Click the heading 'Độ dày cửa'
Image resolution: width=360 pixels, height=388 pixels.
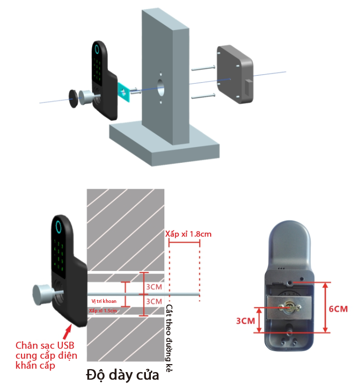[122, 375]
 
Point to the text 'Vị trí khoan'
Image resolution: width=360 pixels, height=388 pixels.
[105, 301]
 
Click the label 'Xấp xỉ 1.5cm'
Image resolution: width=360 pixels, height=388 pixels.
[103, 311]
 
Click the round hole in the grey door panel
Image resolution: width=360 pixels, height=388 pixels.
[161, 87]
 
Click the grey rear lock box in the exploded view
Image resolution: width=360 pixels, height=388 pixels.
[235, 73]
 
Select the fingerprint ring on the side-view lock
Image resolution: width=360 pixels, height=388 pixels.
[59, 227]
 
